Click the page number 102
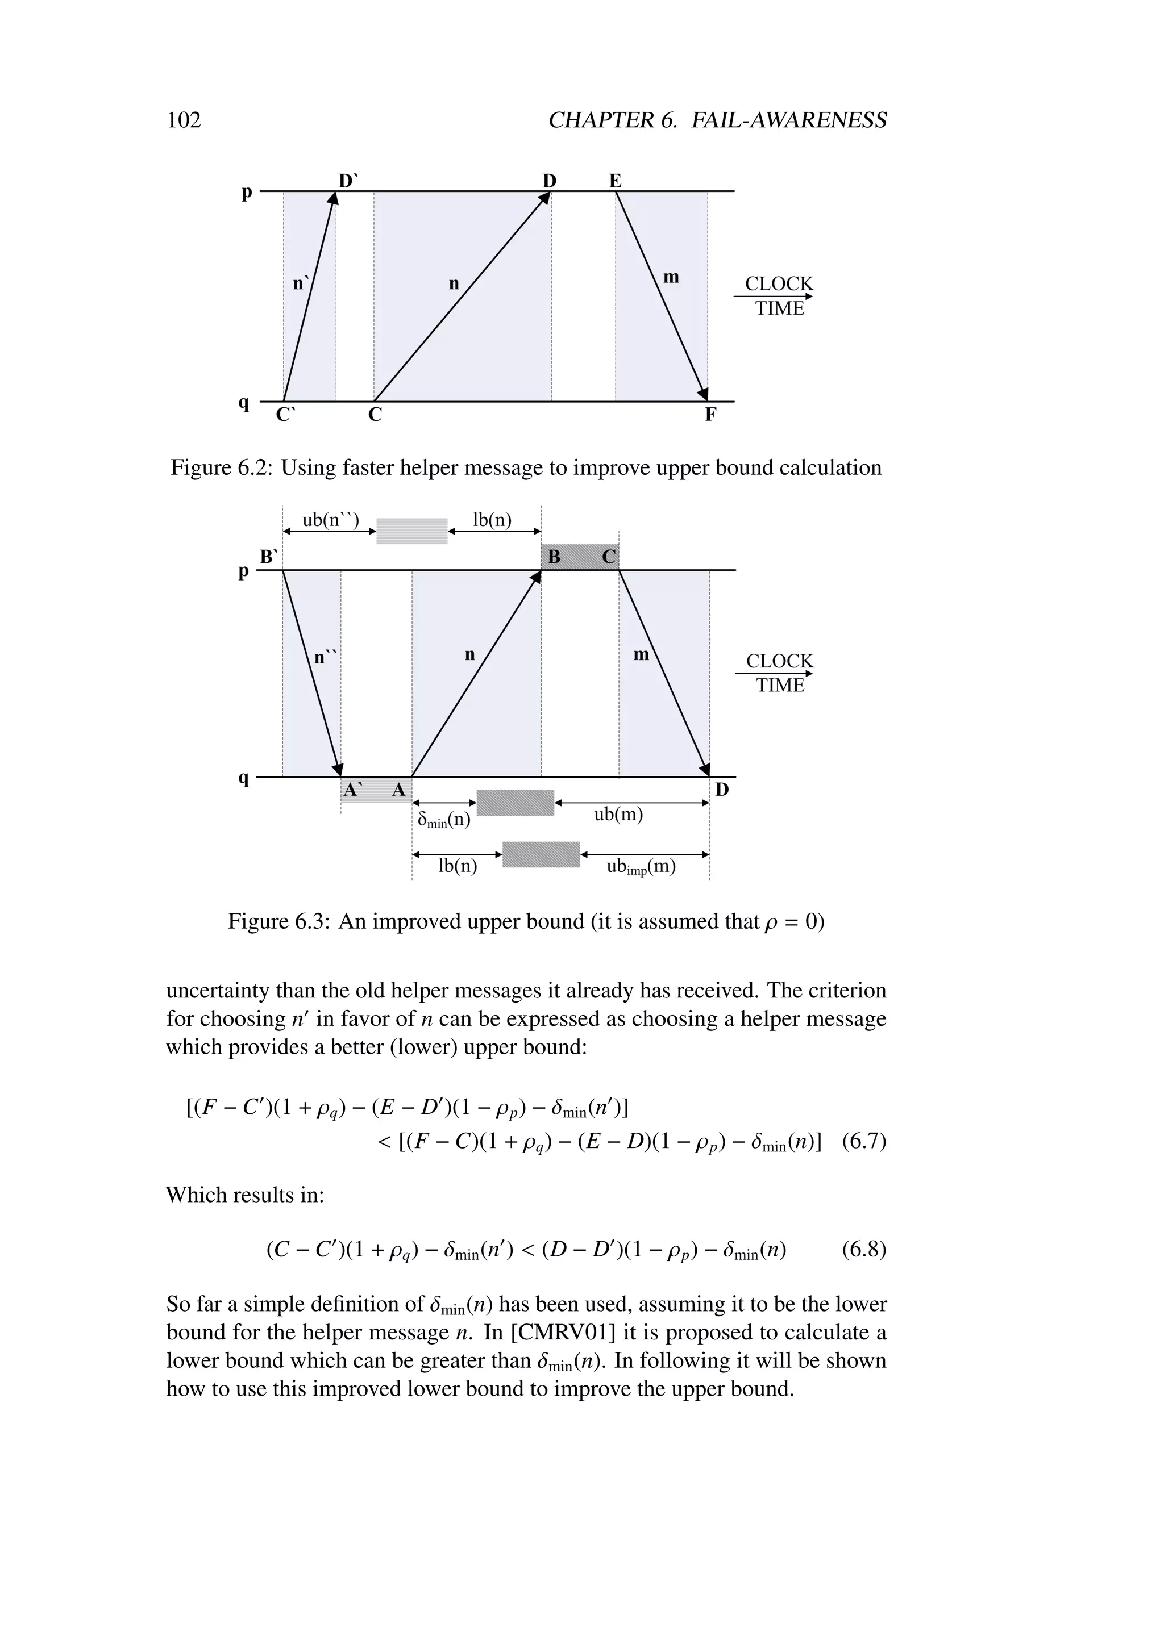[x=184, y=120]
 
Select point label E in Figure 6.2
[x=615, y=181]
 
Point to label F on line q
[x=710, y=415]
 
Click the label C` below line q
[x=285, y=415]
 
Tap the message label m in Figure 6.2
[x=671, y=277]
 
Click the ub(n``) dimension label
[x=330, y=519]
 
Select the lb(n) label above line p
[x=492, y=519]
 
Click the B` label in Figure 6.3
[x=269, y=557]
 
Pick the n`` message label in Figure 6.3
[x=326, y=656]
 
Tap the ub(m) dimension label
[x=618, y=815]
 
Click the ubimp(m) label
[x=641, y=867]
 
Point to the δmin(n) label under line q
[x=444, y=819]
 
